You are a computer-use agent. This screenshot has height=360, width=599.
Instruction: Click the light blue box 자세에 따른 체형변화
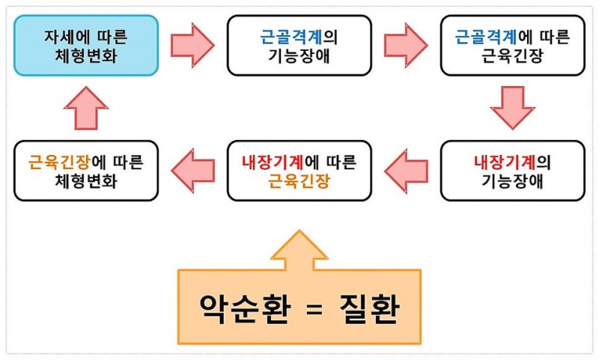(x=86, y=46)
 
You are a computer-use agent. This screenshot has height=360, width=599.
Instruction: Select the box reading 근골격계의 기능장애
(x=299, y=46)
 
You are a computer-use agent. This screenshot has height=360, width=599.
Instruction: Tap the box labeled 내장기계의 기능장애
(x=512, y=171)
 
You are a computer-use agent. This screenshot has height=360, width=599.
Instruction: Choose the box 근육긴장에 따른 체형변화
(x=86, y=171)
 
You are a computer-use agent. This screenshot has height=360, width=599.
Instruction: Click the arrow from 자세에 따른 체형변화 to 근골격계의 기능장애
(x=192, y=45)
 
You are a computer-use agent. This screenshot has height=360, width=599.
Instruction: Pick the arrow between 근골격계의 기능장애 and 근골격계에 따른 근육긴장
(x=406, y=45)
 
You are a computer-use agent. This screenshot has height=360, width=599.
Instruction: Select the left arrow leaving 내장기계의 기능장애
(x=406, y=171)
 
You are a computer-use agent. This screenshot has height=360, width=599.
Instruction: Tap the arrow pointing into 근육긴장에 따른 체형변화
(x=192, y=171)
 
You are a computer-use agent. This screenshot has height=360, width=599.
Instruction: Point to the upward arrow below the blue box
(x=86, y=109)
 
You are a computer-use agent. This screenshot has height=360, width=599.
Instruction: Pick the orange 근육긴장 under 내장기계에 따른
(x=299, y=181)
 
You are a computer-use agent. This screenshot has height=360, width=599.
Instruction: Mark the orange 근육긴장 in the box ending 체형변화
(x=55, y=161)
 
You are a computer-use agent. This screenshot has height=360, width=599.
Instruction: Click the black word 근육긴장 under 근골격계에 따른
(x=512, y=55)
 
